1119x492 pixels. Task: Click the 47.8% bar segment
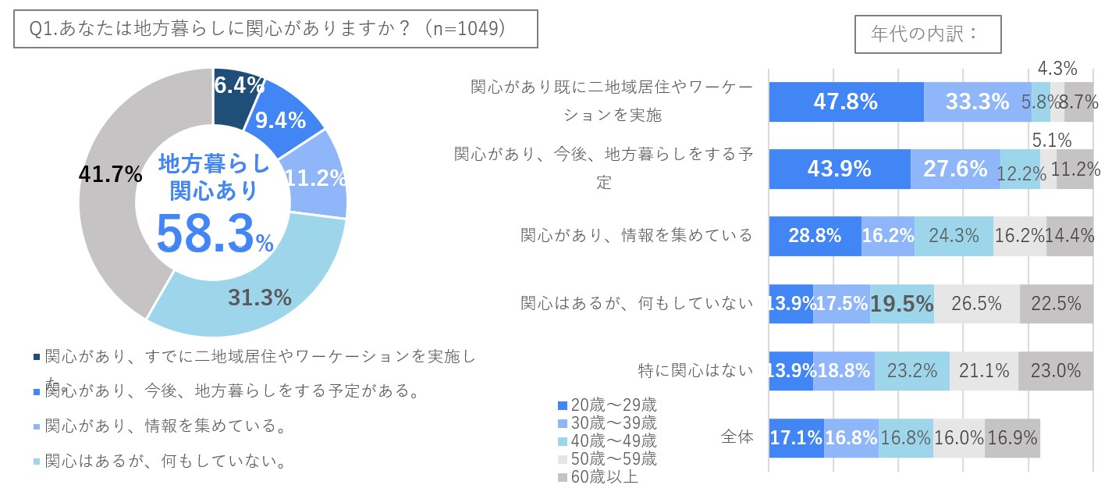pos(846,102)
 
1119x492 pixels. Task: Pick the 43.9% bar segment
pos(840,169)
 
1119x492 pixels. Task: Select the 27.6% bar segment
pos(955,169)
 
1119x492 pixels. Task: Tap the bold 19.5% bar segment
pos(901,304)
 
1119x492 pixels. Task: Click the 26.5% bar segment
pos(977,304)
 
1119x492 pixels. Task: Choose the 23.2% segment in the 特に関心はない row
pos(911,370)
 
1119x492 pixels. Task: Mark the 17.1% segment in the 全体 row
pos(797,437)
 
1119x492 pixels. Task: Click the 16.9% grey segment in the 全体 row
pos(1012,437)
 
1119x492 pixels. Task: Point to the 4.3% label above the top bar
pos(1057,69)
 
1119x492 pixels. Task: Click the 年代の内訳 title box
pos(927,34)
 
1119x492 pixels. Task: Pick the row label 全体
pos(738,437)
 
